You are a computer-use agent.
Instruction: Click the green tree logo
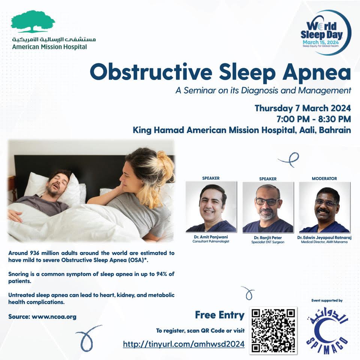pyautogui.click(x=33, y=21)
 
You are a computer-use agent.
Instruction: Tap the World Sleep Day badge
pyautogui.click(x=326, y=33)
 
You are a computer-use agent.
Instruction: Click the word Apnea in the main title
pyautogui.click(x=316, y=72)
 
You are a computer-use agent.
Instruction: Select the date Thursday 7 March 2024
pyautogui.click(x=303, y=108)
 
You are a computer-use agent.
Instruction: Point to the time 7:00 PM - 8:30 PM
pyautogui.click(x=313, y=119)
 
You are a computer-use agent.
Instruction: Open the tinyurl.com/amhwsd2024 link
pyautogui.click(x=184, y=344)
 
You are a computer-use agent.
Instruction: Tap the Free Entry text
pyautogui.click(x=220, y=315)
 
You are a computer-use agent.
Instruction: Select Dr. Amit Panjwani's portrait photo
pyautogui.click(x=211, y=207)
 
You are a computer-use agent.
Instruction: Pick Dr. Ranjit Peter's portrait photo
pyautogui.click(x=268, y=207)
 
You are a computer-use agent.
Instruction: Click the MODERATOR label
pyautogui.click(x=324, y=178)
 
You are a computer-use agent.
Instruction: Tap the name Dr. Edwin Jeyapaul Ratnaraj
pyautogui.click(x=324, y=238)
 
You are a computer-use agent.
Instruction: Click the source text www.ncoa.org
pyautogui.click(x=54, y=317)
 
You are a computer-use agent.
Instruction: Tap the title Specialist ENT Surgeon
pyautogui.click(x=268, y=242)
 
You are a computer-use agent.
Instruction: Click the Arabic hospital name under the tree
pyautogui.click(x=54, y=39)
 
